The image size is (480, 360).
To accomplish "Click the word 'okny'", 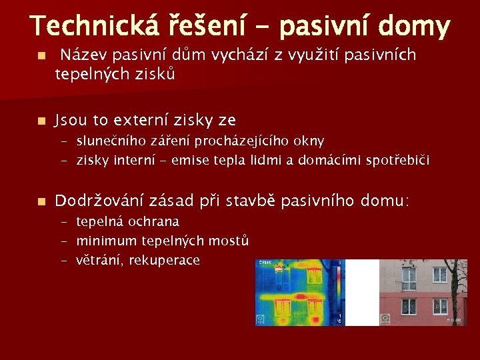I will pos(310,141).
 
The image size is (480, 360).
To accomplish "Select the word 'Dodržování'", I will pos(102,201).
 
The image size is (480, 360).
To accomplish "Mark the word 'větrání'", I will pos(97,260).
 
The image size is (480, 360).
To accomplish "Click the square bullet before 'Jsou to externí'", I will pos(41,121).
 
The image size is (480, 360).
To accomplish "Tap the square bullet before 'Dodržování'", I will pos(41,201).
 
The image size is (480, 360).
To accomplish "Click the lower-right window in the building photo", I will pos(440,306).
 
